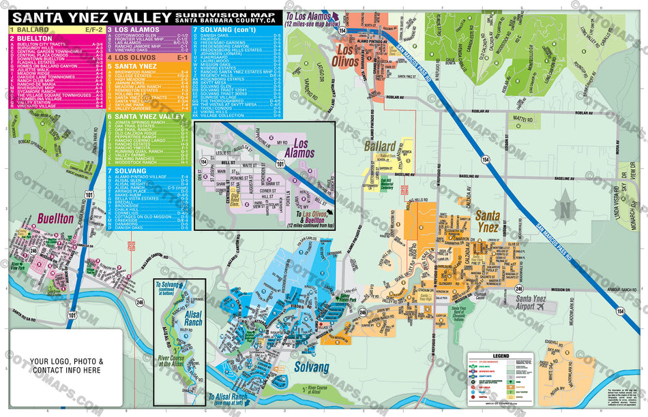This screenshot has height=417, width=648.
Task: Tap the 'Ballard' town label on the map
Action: [379, 146]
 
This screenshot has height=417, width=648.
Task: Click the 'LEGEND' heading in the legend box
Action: [501, 356]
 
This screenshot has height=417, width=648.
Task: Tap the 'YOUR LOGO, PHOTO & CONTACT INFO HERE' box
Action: [66, 366]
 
